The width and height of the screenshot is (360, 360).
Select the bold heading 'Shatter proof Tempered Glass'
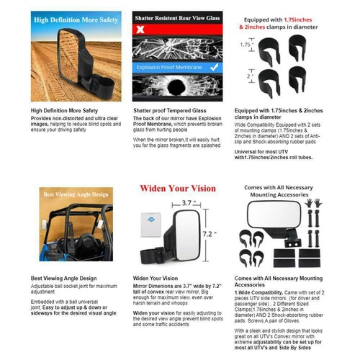[166, 111]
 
